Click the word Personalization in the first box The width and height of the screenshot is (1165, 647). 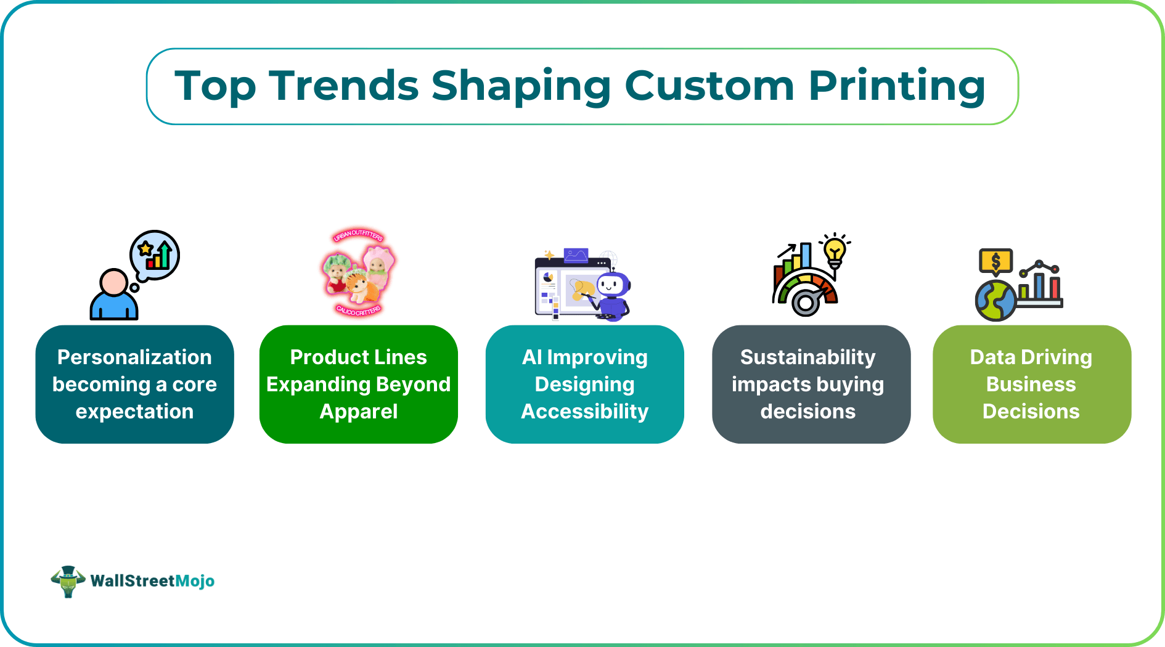[134, 357]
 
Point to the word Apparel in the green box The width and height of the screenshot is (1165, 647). [359, 412]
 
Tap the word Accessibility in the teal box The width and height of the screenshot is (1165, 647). [584, 412]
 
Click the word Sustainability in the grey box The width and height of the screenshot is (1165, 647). [807, 357]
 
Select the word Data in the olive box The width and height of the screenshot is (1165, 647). [992, 357]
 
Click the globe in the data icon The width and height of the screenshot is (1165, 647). [995, 301]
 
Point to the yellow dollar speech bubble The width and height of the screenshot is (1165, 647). [995, 262]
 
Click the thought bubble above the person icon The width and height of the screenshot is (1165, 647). [155, 254]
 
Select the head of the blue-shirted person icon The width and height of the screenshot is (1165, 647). [114, 282]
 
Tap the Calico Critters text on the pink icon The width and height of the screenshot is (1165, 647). [358, 311]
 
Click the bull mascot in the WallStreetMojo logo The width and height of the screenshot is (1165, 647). [68, 581]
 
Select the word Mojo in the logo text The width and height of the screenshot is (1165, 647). [195, 581]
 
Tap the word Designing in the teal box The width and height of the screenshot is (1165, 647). [584, 385]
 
